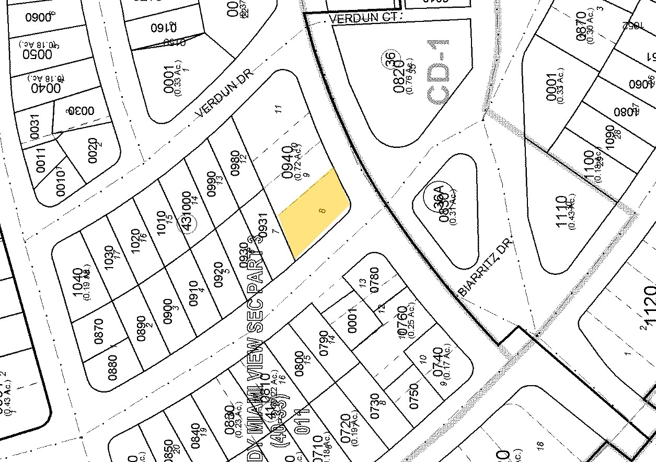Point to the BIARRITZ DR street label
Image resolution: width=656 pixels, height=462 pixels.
click(484, 267)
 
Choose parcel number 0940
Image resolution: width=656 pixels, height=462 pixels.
click(288, 155)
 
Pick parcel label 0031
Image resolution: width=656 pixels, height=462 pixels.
click(34, 127)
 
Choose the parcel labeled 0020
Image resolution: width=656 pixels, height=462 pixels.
click(93, 149)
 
